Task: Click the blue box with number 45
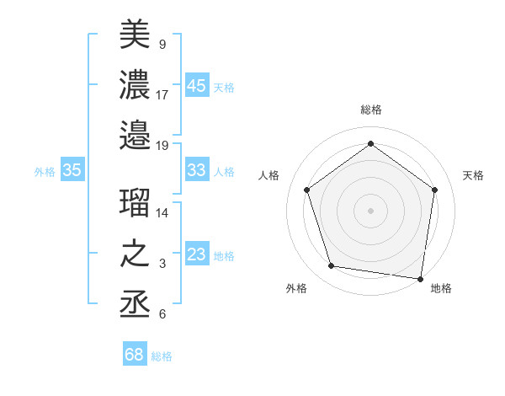tap(196, 86)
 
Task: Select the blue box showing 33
tap(196, 170)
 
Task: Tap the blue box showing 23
tap(196, 254)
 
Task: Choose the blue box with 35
tap(72, 170)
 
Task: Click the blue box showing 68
tap(134, 355)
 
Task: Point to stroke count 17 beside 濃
tap(162, 94)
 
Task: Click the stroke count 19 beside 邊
tap(162, 145)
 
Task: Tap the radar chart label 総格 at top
tap(370, 110)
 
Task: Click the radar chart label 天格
tap(473, 175)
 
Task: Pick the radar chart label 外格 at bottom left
tap(296, 288)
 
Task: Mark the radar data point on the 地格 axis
tap(421, 278)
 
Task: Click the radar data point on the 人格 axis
tap(306, 190)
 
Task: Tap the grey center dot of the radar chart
tap(370, 210)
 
